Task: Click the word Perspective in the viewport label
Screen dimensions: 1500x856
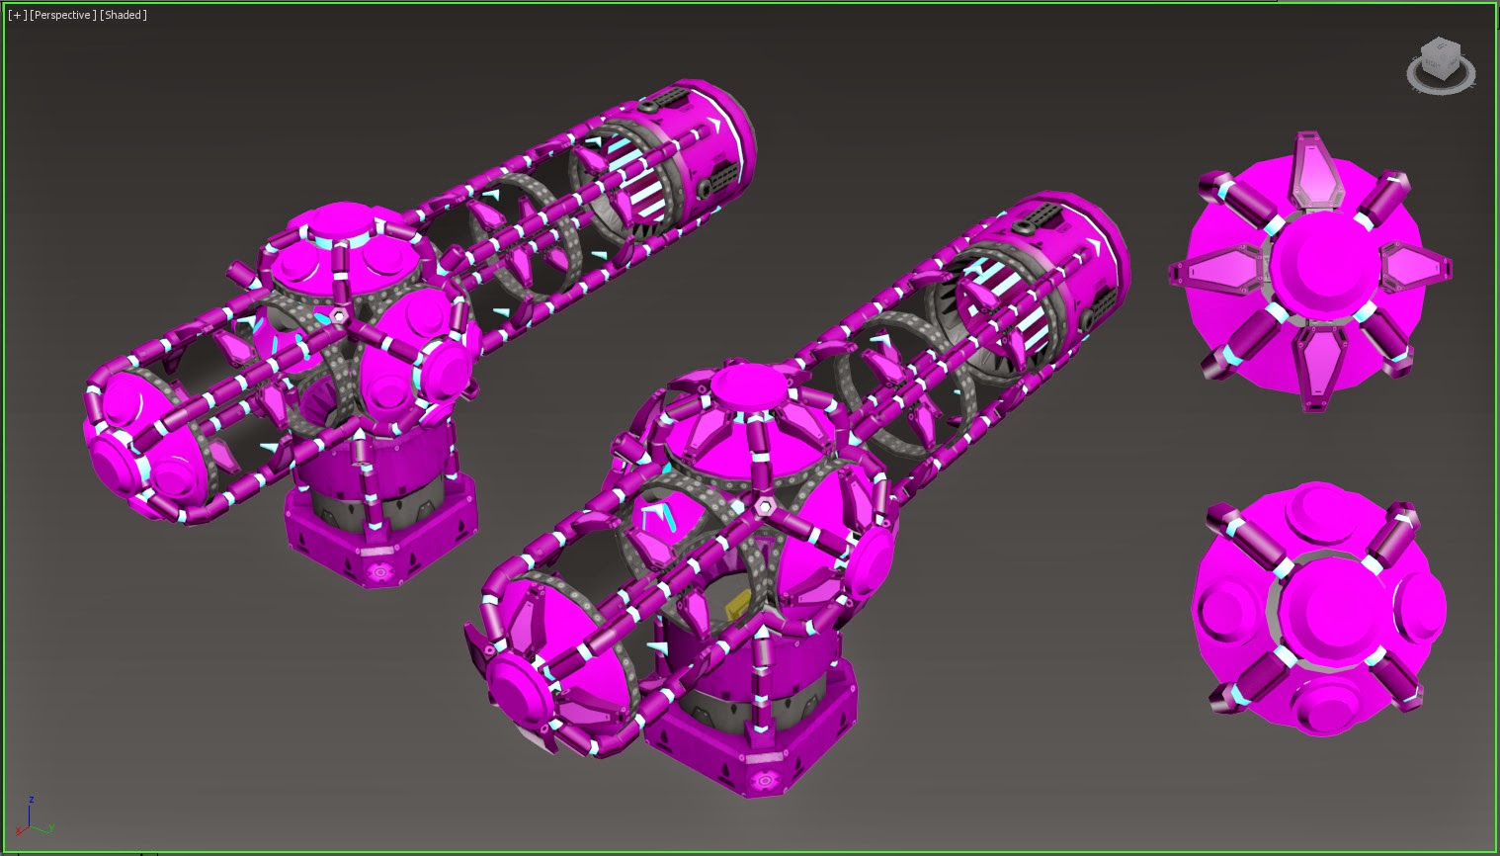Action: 62,15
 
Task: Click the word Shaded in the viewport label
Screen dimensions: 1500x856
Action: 124,15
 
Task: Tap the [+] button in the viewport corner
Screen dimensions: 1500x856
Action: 18,15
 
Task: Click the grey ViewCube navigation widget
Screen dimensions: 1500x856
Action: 1441,65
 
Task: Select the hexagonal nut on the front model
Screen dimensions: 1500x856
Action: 764,508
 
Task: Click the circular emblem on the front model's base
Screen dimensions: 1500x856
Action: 764,780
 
